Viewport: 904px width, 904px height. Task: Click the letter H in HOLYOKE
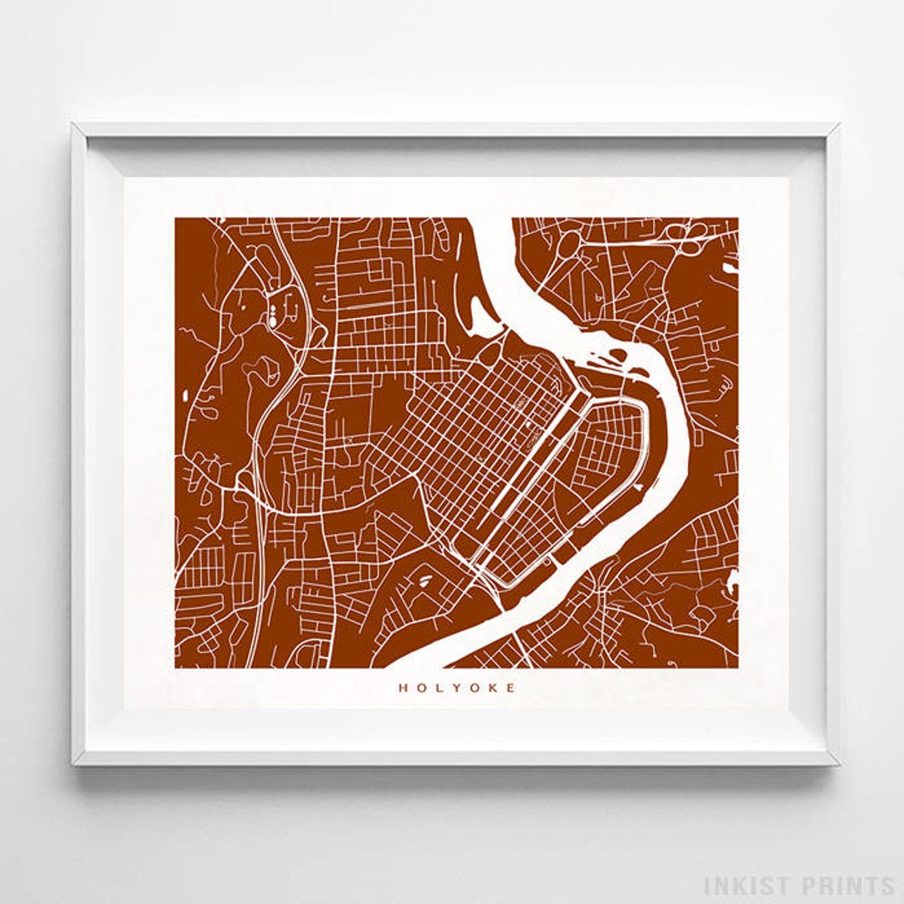pos(402,688)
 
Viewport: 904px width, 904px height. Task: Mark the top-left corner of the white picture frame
pos(74,126)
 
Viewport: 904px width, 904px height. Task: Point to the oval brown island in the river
pos(617,355)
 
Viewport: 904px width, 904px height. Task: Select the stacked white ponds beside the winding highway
pos(273,317)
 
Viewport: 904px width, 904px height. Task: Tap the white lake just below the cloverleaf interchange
pos(730,268)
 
